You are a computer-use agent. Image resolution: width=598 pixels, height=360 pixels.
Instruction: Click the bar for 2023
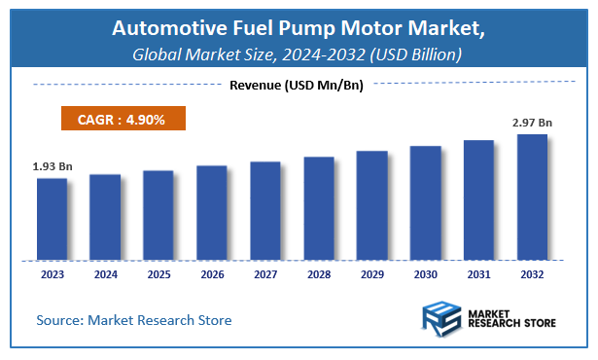click(52, 220)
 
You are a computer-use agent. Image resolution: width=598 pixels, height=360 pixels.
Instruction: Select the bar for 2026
click(211, 213)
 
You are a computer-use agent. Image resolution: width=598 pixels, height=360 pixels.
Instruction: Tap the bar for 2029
click(371, 205)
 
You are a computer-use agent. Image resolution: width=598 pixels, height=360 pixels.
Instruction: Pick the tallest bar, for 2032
click(531, 198)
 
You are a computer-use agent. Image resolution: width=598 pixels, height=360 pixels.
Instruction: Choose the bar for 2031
click(477, 200)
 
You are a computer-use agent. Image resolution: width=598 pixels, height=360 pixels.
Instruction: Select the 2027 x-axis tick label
click(264, 275)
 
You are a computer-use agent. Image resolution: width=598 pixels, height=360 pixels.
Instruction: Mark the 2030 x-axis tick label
click(424, 275)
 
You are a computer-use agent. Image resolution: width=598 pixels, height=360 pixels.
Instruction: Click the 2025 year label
click(158, 275)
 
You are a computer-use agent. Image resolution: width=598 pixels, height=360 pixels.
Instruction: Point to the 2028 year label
click(318, 275)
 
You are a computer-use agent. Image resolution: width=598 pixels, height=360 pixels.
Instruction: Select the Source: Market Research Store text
click(134, 319)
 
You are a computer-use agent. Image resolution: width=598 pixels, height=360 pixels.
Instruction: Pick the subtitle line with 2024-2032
click(299, 54)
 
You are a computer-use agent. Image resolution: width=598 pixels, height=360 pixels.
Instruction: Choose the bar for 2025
click(158, 215)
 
